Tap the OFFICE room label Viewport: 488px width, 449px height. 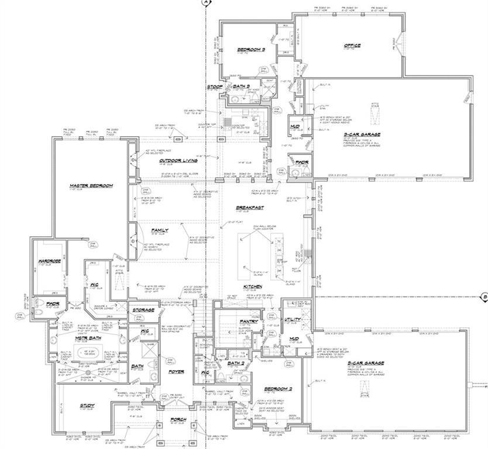pos(352,46)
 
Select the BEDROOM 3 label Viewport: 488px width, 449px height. pos(251,50)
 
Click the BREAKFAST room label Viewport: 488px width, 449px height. pos(250,208)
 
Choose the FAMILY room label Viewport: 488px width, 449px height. pos(160,230)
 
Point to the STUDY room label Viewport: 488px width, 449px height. pos(86,405)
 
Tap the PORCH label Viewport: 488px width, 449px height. pos(178,419)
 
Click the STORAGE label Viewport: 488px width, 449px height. pos(143,310)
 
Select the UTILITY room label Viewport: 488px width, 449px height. pos(292,320)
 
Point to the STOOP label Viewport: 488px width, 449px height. pos(214,87)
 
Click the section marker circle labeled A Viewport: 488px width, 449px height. pos(206,3)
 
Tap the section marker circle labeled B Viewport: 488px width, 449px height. pos(484,296)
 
